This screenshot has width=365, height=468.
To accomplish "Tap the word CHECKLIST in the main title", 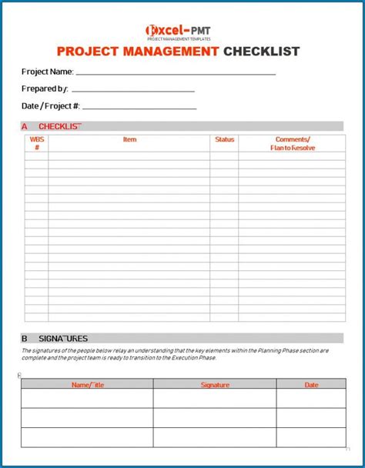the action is click(261, 52).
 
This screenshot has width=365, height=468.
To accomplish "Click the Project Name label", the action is click(47, 72).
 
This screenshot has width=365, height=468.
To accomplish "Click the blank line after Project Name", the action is click(176, 73).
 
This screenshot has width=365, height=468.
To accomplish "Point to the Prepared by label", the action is click(45, 89).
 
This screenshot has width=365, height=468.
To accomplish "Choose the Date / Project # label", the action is click(50, 106).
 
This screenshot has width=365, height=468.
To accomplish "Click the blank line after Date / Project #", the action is click(139, 109).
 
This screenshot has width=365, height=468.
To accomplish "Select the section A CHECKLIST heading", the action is click(52, 125).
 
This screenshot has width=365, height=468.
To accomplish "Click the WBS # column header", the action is click(36, 143).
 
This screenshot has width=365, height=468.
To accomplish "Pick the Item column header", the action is click(129, 139).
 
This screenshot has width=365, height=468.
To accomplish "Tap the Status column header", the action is click(224, 139).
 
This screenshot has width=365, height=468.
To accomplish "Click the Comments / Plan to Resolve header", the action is click(292, 143).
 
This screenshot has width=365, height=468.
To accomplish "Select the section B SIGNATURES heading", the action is click(55, 338).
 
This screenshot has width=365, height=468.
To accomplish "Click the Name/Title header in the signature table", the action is click(86, 383).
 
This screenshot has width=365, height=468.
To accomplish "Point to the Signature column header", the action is click(215, 383).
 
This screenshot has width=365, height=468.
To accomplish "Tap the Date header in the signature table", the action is click(311, 383).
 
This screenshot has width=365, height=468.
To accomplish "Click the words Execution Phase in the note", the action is click(196, 358).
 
